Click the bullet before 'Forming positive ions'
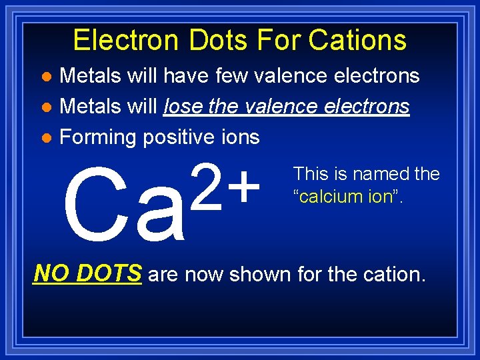pos(45,138)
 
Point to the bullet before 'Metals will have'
pos(45,77)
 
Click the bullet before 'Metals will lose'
pos(45,107)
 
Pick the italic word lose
pos(183,107)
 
